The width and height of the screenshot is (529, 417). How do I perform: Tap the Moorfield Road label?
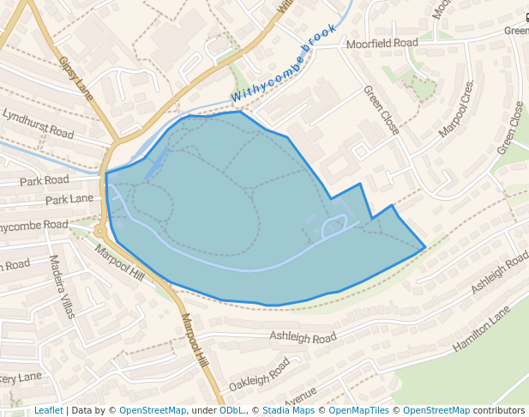[x=382, y=43]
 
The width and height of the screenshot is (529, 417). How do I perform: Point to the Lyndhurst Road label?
[x=38, y=124]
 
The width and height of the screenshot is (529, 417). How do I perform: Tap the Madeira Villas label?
[x=63, y=286]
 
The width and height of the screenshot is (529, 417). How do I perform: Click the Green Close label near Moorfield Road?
[x=381, y=109]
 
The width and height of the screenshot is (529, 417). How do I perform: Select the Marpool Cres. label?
[x=455, y=111]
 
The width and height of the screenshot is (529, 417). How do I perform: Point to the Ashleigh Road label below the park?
[x=303, y=338]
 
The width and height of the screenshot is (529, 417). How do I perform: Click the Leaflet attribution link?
[x=48, y=410]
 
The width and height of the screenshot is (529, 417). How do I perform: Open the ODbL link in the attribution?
[x=231, y=410]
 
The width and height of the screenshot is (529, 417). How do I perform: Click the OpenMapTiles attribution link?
[x=360, y=410]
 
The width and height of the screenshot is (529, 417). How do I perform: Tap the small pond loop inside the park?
[x=334, y=227]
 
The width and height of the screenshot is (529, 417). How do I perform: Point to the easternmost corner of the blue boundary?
[x=425, y=248]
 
